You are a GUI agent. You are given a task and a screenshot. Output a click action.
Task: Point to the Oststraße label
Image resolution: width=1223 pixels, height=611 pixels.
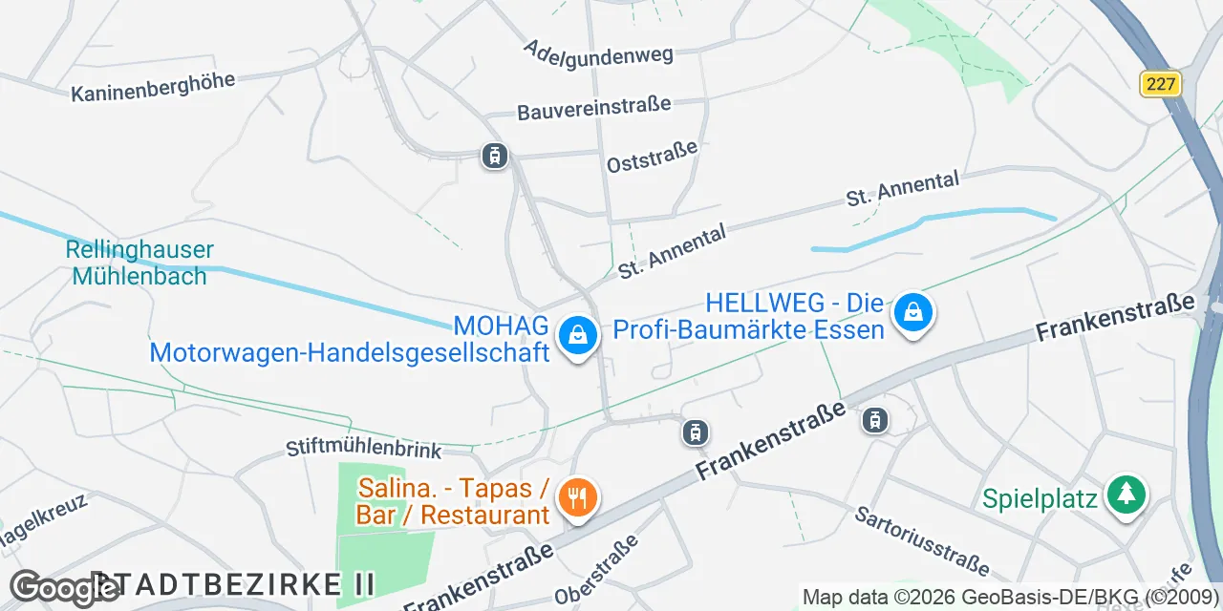[x=653, y=157]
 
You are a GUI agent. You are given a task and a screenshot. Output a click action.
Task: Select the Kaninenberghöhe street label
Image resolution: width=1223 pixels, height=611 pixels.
[x=153, y=87]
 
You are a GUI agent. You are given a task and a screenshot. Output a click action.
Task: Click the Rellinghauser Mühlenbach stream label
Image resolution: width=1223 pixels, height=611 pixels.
[x=139, y=263]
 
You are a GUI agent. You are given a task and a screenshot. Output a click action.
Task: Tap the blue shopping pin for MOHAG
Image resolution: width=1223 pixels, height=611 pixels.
[x=577, y=336]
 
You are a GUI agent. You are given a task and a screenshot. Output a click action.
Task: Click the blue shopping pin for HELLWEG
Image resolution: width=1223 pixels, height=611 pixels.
[x=913, y=312]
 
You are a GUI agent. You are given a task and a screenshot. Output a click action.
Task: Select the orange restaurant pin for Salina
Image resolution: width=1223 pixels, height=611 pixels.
[x=577, y=498]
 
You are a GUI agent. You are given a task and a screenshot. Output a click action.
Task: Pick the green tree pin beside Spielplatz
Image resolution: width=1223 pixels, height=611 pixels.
[x=1126, y=495]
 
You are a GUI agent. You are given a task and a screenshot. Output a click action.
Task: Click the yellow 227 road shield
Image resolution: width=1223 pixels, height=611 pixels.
[x=1161, y=84]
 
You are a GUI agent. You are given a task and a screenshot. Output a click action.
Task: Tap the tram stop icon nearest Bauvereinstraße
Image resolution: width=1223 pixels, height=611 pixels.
[x=494, y=155]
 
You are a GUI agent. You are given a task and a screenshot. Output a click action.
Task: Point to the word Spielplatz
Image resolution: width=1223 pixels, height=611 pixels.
[x=1041, y=499]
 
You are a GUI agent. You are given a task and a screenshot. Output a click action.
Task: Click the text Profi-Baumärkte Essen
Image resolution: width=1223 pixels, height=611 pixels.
[x=748, y=330]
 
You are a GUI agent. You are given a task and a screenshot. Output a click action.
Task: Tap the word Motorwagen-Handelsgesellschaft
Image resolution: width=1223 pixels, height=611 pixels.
[x=350, y=352]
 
